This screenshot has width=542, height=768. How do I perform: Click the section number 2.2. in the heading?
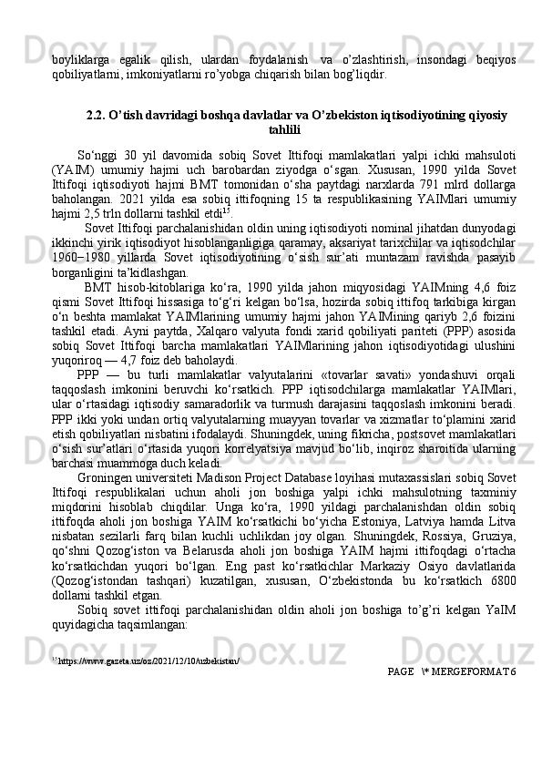[97, 115]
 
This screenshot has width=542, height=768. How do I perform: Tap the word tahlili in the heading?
[288, 129]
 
